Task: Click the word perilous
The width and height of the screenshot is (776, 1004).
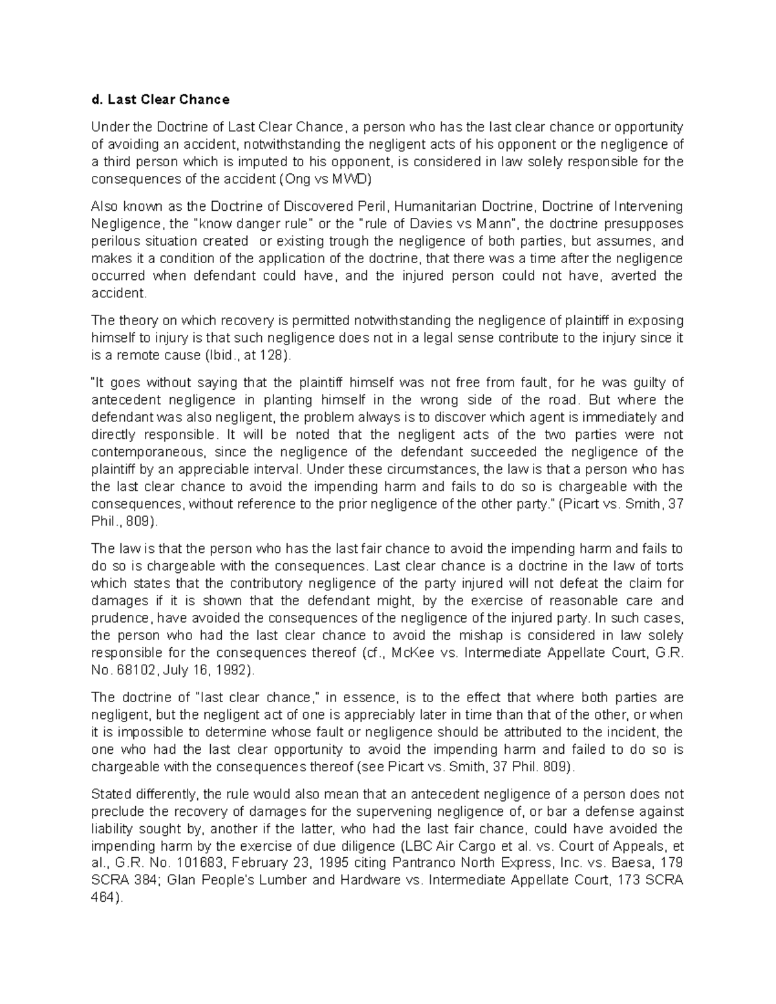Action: coord(116,242)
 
